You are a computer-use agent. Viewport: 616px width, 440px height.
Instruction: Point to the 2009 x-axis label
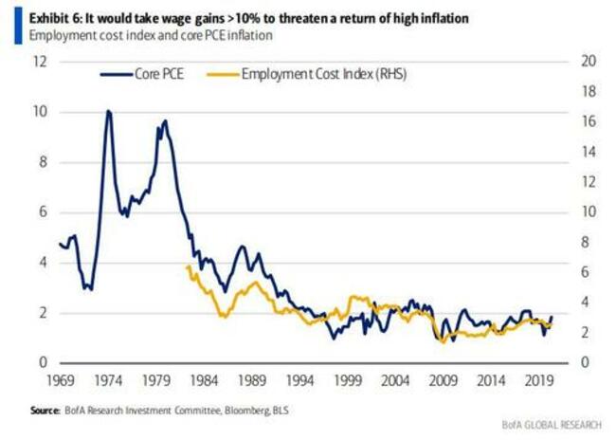tap(444, 380)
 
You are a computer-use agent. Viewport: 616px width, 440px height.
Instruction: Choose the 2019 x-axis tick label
tap(539, 380)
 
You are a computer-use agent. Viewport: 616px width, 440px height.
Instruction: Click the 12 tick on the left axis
tap(41, 62)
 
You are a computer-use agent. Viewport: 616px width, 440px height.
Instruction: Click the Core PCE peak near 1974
tap(108, 112)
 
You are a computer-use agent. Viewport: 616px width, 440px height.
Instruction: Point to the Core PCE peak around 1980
tap(165, 121)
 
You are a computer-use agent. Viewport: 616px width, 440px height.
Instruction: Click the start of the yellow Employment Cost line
tap(187, 266)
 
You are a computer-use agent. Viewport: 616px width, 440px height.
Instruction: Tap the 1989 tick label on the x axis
tap(252, 380)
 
